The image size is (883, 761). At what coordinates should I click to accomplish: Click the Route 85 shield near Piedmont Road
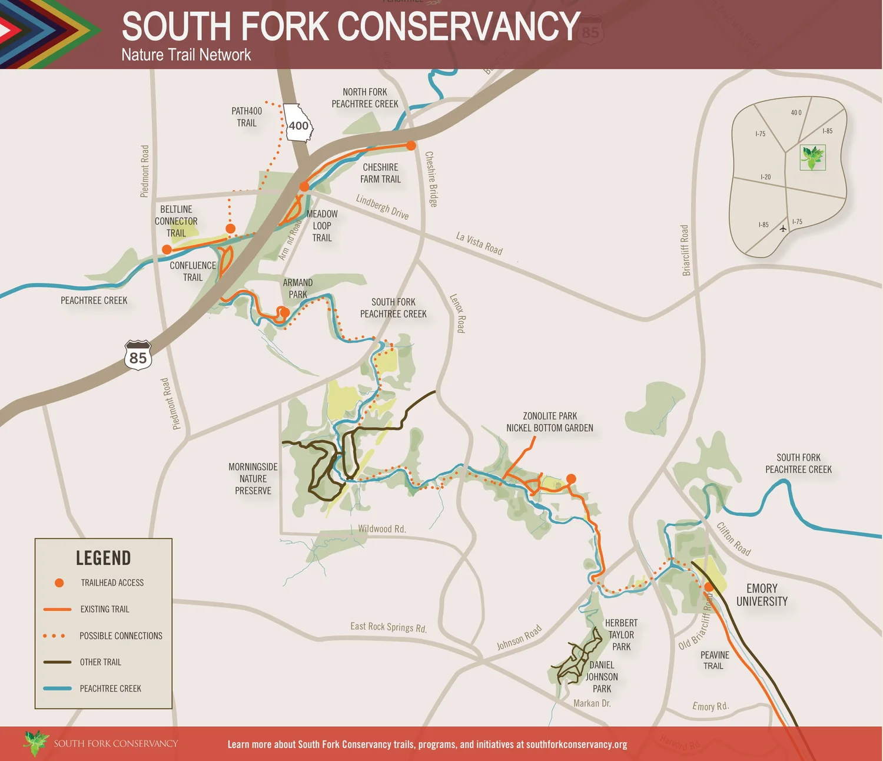(x=138, y=356)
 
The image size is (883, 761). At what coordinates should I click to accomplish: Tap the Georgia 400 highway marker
(x=298, y=124)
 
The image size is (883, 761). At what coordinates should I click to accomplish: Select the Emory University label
(x=762, y=595)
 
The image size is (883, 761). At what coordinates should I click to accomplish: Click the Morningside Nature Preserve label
(x=253, y=479)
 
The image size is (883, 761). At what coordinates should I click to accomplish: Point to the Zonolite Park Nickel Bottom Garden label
(x=550, y=422)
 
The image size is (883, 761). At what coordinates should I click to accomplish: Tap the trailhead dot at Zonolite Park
(x=571, y=479)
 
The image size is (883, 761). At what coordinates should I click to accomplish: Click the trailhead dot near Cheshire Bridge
(x=411, y=145)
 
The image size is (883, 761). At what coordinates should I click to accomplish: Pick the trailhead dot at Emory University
(x=709, y=587)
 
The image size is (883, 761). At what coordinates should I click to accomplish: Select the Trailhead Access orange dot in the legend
(x=59, y=583)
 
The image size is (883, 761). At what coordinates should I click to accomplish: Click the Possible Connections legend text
(x=121, y=636)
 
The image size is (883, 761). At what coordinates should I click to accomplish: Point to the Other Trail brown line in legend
(x=57, y=662)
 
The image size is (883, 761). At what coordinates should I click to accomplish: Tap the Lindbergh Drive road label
(x=382, y=207)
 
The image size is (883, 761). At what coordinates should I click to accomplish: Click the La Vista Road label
(x=479, y=243)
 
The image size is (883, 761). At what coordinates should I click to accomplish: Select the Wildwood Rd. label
(x=382, y=529)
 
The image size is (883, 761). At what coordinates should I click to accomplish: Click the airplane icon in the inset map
(x=783, y=229)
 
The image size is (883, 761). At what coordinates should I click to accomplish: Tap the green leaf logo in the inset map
(x=812, y=157)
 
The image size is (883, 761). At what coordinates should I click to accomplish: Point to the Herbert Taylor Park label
(x=621, y=634)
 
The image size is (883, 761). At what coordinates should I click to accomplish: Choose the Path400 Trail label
(x=247, y=117)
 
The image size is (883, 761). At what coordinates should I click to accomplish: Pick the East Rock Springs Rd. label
(x=389, y=627)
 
